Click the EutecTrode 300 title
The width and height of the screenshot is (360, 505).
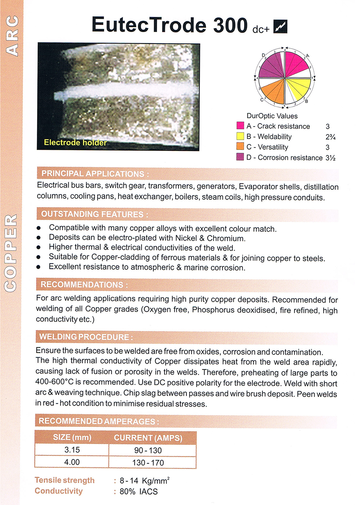coord(170,25)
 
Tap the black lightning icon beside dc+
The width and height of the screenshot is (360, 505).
coord(280,27)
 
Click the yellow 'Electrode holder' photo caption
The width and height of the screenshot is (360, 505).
coord(75,143)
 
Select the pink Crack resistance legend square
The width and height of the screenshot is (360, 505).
coord(240,126)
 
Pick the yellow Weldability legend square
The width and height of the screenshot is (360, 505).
coord(240,136)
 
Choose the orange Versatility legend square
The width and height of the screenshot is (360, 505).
coord(240,147)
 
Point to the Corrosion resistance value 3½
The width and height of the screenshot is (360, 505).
coord(330,158)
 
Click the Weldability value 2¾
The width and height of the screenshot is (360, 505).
coord(330,137)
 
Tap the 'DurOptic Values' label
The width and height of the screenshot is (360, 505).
coord(272,116)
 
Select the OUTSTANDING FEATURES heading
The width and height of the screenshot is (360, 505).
coord(95,214)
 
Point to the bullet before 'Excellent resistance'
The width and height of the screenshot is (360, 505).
coord(39,267)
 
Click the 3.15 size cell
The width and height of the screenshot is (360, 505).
coord(72,450)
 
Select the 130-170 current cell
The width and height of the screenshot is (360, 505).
coord(148,462)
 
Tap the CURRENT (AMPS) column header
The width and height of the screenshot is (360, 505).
coord(148,438)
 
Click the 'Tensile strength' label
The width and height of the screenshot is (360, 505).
coord(65,480)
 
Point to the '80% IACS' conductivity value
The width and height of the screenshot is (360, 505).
coord(139,491)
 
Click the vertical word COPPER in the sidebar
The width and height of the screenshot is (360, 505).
coord(11,253)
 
